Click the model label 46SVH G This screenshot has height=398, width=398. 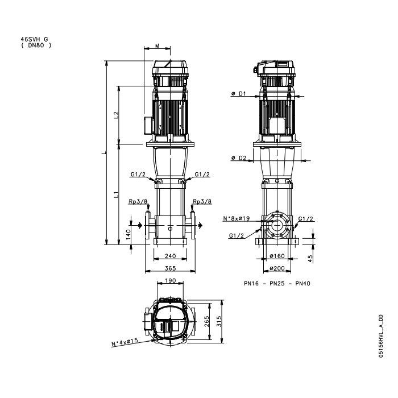point(34,39)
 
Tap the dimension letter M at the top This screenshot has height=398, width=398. point(157,45)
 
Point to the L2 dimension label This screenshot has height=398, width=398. point(116,115)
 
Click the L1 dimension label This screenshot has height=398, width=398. point(116,194)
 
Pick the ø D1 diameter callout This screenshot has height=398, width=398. point(239,94)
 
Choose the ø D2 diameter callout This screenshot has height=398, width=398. point(239,158)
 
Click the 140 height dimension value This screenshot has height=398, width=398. point(128,234)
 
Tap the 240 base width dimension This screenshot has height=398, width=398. point(171,256)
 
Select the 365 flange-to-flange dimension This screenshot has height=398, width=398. point(171,268)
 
